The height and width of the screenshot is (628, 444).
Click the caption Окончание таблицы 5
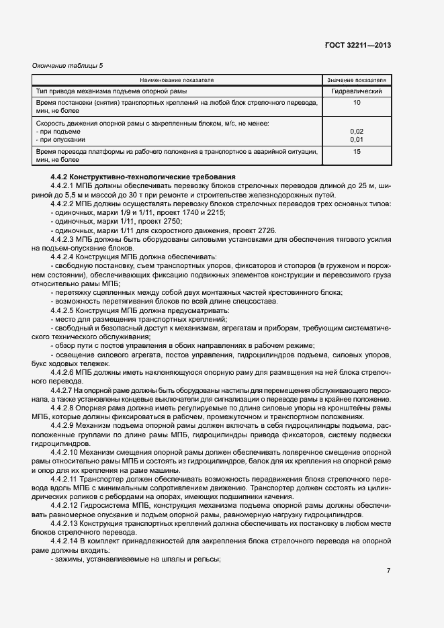pos(68,65)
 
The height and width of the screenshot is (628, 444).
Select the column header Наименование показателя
pos(177,80)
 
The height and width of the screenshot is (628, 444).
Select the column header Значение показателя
pos(357,80)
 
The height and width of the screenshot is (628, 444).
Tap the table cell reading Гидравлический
pos(357,91)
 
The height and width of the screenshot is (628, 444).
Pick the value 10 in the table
pos(357,103)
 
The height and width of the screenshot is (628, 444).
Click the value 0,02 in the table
pos(357,132)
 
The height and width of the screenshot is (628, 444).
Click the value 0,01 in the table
pos(357,140)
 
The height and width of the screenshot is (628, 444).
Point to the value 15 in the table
pos(357,152)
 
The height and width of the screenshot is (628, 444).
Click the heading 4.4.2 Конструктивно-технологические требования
pos(143,177)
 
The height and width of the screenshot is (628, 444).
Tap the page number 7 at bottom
pos(388,571)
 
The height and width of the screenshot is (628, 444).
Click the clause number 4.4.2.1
pos(62,185)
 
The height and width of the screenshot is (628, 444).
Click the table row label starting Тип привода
pos(111,91)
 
